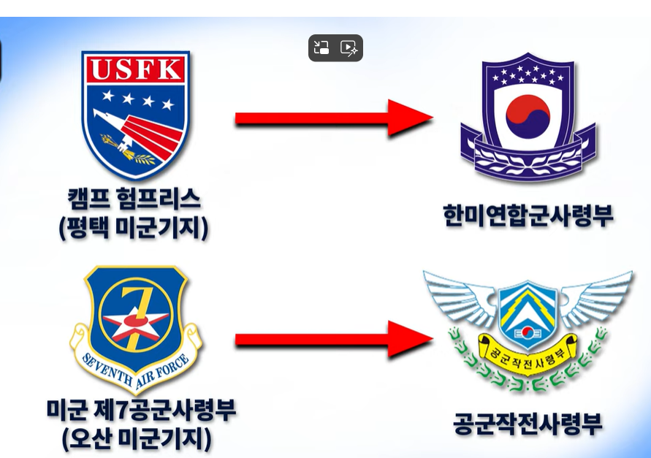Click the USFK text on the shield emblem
135,69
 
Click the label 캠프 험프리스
134,198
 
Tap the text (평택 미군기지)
134,228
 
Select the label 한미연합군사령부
528,215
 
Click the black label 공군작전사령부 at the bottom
528,424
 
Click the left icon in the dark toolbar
321,48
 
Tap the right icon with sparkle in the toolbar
349,48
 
